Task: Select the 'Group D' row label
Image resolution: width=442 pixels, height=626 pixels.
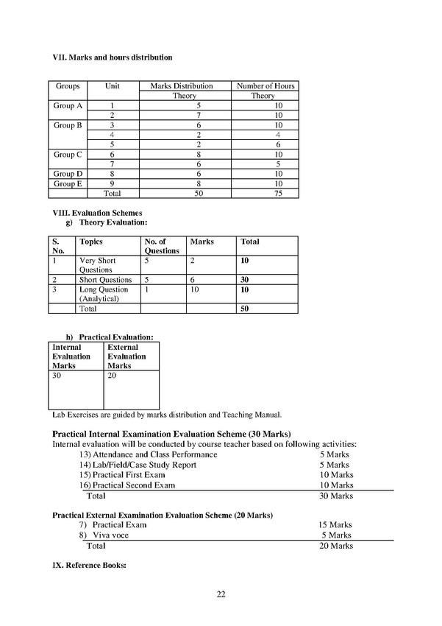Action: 68,174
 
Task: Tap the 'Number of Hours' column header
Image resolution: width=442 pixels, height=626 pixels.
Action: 265,86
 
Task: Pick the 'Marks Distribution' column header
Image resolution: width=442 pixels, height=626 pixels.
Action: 181,86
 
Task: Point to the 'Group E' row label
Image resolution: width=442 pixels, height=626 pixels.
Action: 68,183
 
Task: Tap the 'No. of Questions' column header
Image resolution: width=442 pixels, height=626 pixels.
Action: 161,246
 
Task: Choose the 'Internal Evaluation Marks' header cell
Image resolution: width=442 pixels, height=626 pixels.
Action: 71,356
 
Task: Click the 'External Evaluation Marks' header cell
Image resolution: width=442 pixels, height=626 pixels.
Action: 126,356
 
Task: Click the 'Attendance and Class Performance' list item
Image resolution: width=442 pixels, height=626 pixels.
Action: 154,455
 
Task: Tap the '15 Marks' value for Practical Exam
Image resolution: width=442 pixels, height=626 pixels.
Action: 335,525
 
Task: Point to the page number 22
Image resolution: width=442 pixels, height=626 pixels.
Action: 221,594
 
